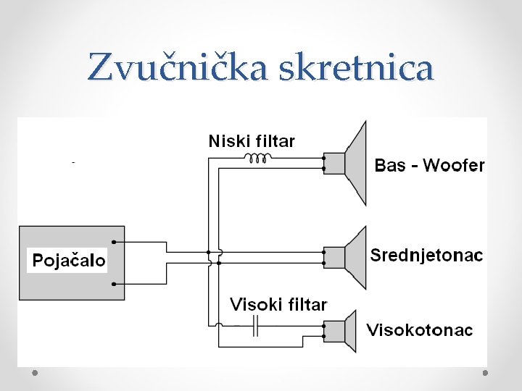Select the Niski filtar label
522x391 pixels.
pyautogui.click(x=252, y=140)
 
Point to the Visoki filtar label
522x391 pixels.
pyautogui.click(x=278, y=304)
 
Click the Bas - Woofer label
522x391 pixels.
pyautogui.click(x=429, y=165)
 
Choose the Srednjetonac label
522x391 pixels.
pyautogui.click(x=426, y=255)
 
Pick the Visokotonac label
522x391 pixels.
pyautogui.click(x=420, y=330)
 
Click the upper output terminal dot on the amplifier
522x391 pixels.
pyautogui.click(x=114, y=242)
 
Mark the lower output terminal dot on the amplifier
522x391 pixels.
pyautogui.click(x=114, y=283)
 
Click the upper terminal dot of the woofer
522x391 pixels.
pyautogui.click(x=323, y=156)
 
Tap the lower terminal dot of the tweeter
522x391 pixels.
pyautogui.click(x=323, y=337)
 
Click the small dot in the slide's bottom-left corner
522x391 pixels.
pyautogui.click(x=35, y=372)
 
